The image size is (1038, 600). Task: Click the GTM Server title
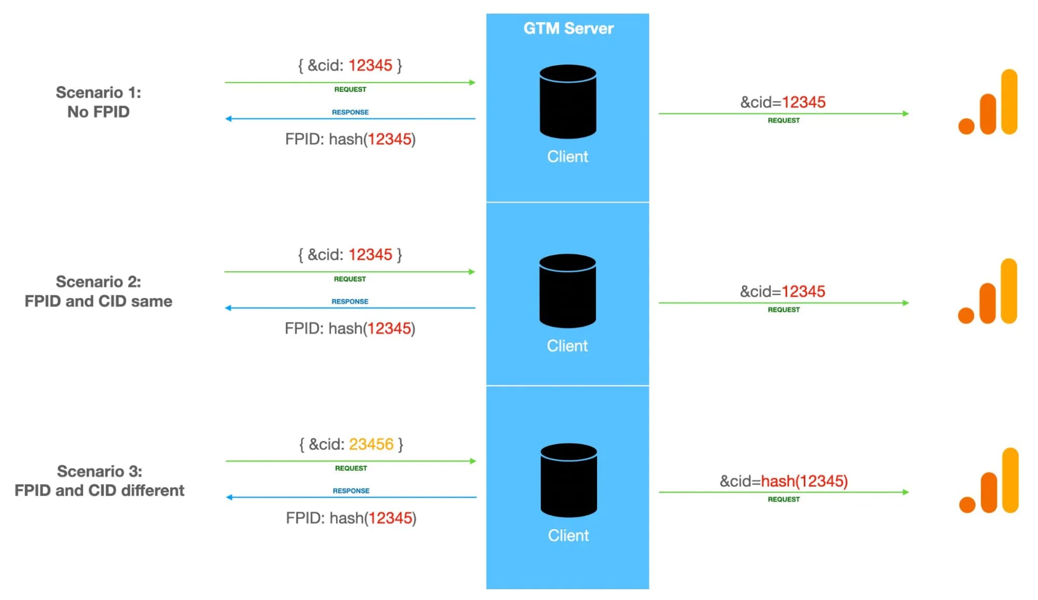(x=568, y=28)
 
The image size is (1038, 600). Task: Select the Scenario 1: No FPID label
(x=98, y=102)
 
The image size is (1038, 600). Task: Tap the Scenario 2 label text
(x=98, y=291)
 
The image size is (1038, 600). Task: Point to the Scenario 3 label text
(x=99, y=481)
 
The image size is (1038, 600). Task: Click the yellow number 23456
(x=371, y=444)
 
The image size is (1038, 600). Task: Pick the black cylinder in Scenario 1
(x=568, y=102)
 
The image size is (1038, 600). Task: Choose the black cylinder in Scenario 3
(x=569, y=481)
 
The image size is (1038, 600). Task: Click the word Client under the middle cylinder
(x=567, y=346)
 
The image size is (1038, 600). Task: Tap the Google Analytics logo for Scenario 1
(x=988, y=102)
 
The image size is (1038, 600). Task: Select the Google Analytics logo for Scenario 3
(x=989, y=481)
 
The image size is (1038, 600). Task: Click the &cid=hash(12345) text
(x=784, y=481)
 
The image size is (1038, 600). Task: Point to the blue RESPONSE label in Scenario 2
(x=350, y=301)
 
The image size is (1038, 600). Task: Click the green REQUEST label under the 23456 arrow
(x=351, y=468)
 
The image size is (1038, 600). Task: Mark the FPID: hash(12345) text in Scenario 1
(x=351, y=139)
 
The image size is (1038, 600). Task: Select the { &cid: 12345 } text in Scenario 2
(x=350, y=255)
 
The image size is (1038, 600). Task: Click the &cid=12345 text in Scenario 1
(x=783, y=102)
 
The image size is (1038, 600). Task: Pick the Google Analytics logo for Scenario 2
(x=987, y=291)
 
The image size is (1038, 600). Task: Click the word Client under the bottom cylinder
(x=568, y=536)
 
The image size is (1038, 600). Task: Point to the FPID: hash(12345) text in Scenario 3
(x=351, y=518)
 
